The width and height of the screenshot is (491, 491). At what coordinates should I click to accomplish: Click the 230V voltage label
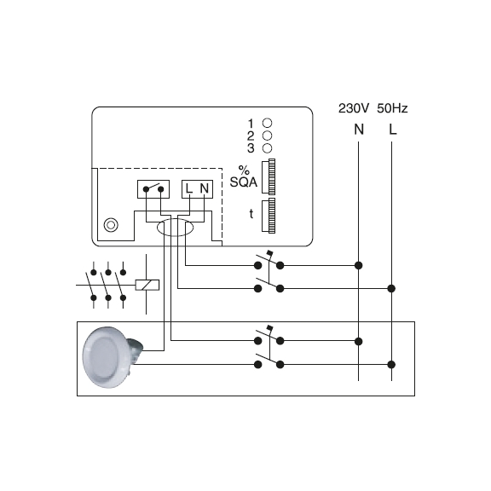[x=354, y=108]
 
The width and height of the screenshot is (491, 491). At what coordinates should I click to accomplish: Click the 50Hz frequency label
[x=392, y=108]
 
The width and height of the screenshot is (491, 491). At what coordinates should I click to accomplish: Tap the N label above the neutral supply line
[x=359, y=130]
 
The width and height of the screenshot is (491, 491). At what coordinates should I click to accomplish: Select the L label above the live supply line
[x=393, y=130]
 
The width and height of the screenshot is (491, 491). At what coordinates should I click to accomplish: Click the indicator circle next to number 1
[x=267, y=123]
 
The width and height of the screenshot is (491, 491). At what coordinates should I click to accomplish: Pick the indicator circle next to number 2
[x=267, y=136]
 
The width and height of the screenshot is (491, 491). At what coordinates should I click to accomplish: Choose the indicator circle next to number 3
[x=267, y=148]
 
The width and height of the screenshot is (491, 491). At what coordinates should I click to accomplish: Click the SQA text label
[x=244, y=182]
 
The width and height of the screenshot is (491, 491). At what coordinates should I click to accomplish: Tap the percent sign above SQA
[x=244, y=170]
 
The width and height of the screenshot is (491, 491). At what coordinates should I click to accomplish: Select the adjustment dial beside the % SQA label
[x=269, y=176]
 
